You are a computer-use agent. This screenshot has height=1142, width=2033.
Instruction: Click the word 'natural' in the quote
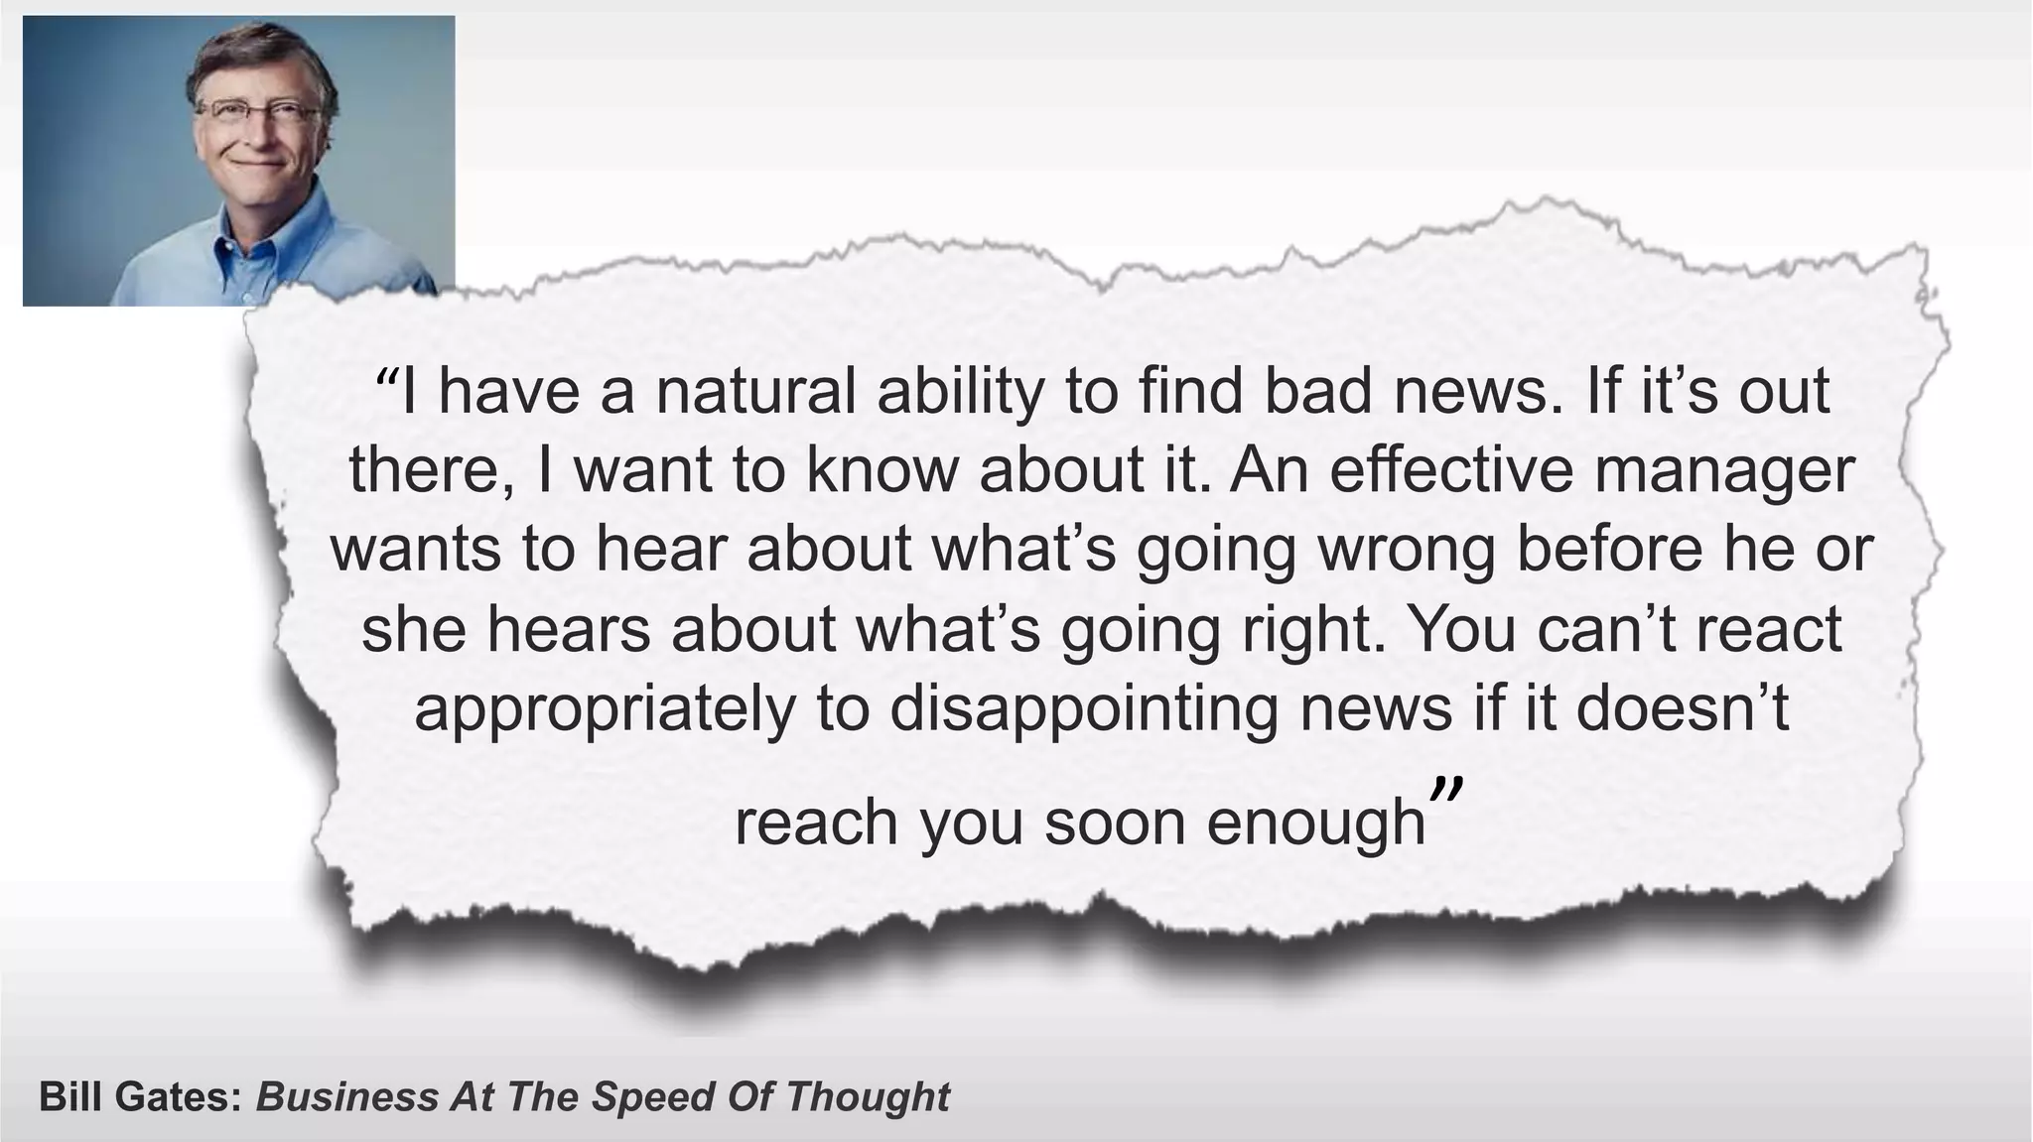pos(755,392)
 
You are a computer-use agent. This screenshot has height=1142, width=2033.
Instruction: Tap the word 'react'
pos(1769,631)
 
